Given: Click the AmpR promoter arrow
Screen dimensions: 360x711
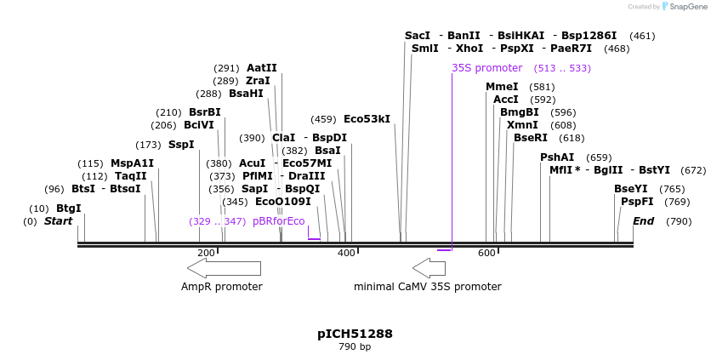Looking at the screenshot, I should pos(225,268).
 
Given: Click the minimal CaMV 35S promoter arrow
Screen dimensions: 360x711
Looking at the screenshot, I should pos(429,268).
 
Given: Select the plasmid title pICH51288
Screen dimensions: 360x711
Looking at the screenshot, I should pos(355,334).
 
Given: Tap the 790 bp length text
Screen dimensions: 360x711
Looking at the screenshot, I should pos(355,347).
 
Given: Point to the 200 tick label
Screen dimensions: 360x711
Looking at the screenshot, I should pos(206,253).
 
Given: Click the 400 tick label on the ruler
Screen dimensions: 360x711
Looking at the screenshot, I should pos(346,253).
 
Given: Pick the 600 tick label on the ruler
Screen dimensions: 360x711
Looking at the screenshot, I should pos(486,253).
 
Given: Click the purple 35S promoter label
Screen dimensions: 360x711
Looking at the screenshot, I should pos(486,68).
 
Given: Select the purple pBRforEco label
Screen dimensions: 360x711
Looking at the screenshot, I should pos(278,221).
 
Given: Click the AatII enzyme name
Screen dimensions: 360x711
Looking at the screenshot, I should pos(261,68).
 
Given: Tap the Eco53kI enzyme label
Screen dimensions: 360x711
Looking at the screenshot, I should pos(367,119).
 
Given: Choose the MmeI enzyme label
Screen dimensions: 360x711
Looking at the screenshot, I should pos(502,87).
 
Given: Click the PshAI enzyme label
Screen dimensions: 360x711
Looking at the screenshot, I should pos(557,157).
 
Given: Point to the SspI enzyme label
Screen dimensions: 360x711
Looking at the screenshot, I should pos(181,145).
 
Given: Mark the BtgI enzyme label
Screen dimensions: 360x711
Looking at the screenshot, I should pos(68,209).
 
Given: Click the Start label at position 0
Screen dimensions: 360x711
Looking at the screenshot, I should pos(59,221).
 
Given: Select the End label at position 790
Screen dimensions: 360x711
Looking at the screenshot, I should pos(644,221).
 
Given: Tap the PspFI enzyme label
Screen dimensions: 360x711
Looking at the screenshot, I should pos(637,202).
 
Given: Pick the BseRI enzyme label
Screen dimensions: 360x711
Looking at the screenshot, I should pos(531,138).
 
